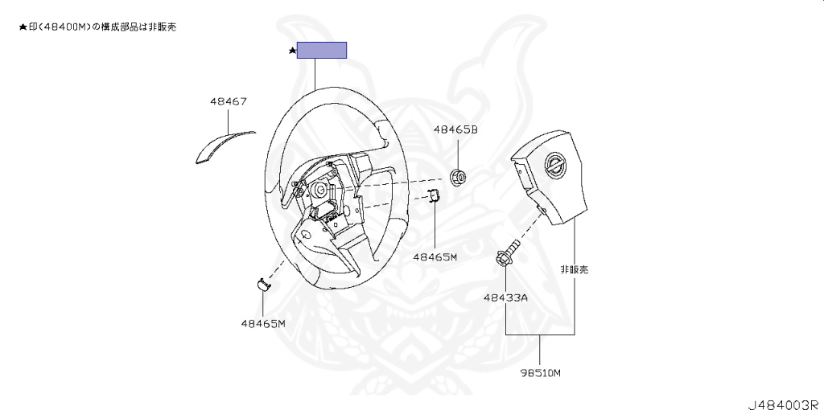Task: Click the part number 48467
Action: [228, 102]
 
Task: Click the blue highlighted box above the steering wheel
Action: [322, 50]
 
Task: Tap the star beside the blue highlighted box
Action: [293, 51]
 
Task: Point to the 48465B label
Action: [455, 129]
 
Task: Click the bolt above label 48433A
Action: [507, 256]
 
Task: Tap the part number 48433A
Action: [505, 297]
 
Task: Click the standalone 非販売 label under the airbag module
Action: [574, 269]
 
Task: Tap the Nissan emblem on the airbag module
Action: [555, 166]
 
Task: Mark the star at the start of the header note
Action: [22, 27]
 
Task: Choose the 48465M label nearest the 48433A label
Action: [435, 257]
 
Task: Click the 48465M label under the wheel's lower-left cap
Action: [263, 323]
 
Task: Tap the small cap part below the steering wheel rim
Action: [263, 282]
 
